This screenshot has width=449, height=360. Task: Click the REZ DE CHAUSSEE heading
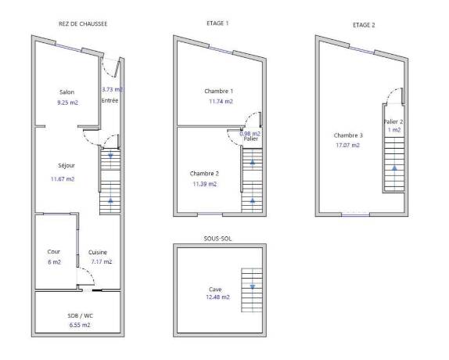(x=83, y=23)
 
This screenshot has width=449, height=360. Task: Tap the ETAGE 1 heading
(x=217, y=23)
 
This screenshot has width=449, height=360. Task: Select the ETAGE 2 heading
(x=364, y=25)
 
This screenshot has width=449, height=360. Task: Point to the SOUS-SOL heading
(x=217, y=239)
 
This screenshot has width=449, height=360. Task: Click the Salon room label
(x=66, y=92)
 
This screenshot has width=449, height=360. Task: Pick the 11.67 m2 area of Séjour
(x=63, y=179)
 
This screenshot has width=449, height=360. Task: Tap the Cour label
(x=53, y=251)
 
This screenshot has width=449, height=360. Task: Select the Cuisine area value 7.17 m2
(x=102, y=261)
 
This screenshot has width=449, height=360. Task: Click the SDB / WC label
(x=80, y=315)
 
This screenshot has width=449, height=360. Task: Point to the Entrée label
(x=110, y=100)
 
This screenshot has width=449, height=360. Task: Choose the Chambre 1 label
(x=218, y=91)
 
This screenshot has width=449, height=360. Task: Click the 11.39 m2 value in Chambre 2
(x=204, y=184)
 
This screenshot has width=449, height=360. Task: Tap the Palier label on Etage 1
(x=251, y=139)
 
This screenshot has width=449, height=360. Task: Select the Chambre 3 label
(x=348, y=135)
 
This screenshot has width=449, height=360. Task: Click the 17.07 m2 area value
(x=347, y=146)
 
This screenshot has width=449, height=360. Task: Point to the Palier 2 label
(x=393, y=122)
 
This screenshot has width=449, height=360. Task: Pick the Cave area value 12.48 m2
(x=217, y=297)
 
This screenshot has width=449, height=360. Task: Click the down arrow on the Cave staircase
(x=253, y=286)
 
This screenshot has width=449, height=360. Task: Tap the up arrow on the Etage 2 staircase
(x=394, y=168)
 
